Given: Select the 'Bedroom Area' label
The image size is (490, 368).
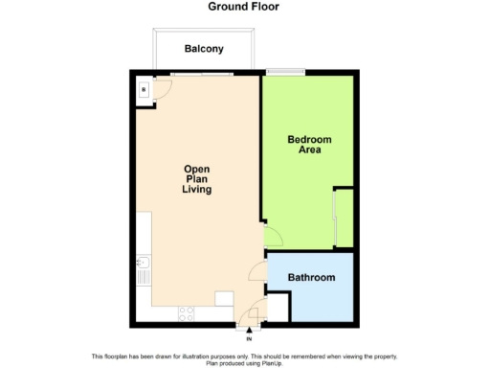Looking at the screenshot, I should (x=309, y=144).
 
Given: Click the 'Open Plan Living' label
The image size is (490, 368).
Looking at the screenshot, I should (x=196, y=179).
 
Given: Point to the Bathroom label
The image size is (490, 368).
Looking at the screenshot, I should (x=313, y=278).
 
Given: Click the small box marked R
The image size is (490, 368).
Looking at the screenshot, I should (x=144, y=90).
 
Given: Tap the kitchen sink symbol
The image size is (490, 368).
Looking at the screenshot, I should (x=143, y=264).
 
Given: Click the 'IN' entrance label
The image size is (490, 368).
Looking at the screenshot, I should (x=249, y=338).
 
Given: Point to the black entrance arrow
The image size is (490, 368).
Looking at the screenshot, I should (x=249, y=329).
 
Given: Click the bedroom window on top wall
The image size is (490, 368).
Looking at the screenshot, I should (x=285, y=71).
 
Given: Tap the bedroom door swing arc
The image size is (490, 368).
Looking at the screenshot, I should (x=271, y=236).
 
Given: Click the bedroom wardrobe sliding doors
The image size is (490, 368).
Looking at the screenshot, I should (x=334, y=219).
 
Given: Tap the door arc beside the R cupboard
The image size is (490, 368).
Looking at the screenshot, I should (x=163, y=88).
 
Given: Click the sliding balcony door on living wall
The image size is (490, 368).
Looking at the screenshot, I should (x=202, y=73).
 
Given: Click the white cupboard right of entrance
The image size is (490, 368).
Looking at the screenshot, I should (x=276, y=309).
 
